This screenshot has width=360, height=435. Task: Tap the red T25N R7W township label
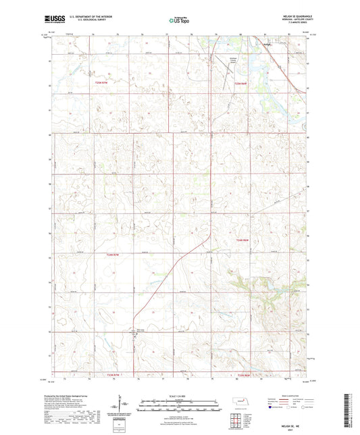[101, 82]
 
